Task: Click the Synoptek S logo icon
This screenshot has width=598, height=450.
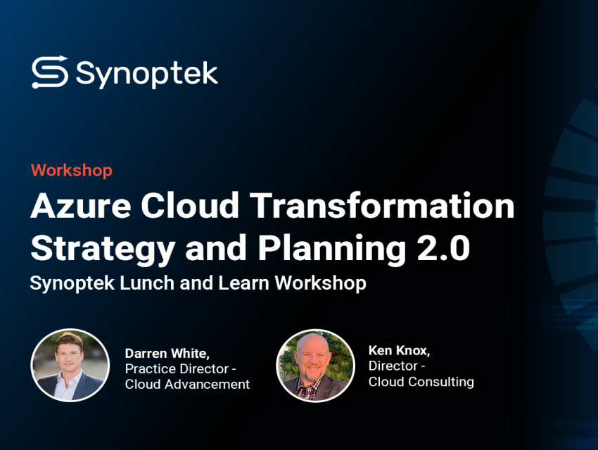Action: (50, 72)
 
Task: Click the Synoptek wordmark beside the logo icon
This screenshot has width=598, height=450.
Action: (147, 74)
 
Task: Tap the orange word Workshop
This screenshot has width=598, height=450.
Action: (72, 170)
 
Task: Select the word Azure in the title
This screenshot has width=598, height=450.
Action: (81, 206)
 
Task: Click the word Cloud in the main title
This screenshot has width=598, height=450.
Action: (190, 205)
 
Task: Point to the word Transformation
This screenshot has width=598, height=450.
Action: (382, 205)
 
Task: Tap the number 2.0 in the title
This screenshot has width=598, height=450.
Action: (443, 248)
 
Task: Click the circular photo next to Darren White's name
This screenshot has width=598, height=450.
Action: (70, 365)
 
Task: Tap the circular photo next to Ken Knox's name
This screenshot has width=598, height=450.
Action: (315, 366)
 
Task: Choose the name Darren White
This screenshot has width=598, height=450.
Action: (167, 354)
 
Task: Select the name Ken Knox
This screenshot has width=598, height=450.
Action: (399, 351)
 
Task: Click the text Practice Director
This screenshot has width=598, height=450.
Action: (177, 369)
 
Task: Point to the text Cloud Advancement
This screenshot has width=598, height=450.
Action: (187, 384)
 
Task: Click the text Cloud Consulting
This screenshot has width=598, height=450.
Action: (421, 382)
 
